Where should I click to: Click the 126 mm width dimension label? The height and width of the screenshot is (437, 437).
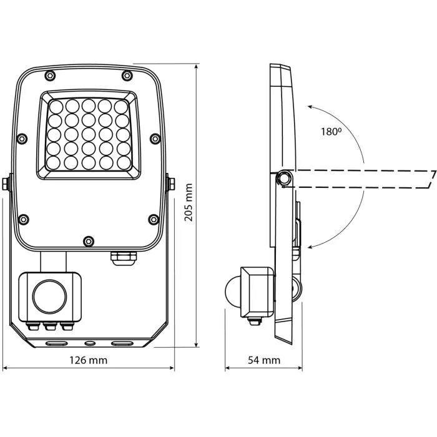[x=89, y=360]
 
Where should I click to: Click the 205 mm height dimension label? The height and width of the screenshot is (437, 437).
[x=189, y=202]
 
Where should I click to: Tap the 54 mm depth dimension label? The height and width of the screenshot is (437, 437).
[x=264, y=360]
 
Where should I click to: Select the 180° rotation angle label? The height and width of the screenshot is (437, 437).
[x=331, y=132]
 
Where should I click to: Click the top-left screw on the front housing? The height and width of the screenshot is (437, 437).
[x=50, y=76]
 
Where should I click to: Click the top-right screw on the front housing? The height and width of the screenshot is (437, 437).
[x=127, y=76]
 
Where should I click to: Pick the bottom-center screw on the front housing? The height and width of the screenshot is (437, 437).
[x=89, y=241]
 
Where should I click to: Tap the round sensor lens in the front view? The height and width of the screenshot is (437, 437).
[x=49, y=297]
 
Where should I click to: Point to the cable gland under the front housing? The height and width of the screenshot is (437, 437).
[x=124, y=258]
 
